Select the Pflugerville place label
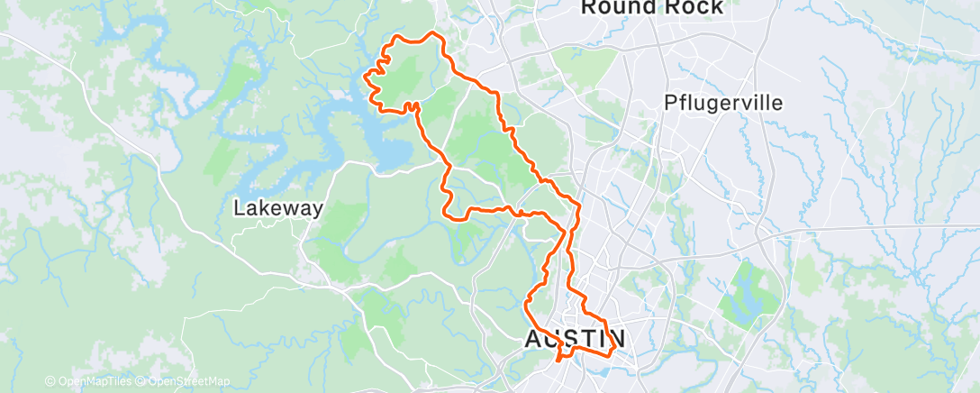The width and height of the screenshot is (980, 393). pos(724,103)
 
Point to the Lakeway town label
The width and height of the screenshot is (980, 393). pos(277,208)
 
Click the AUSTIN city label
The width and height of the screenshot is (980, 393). pos(575,340)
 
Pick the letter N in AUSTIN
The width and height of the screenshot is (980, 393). pos(615,340)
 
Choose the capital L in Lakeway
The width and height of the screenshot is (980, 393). pos(239,208)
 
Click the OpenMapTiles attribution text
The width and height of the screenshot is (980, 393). pos(92,381)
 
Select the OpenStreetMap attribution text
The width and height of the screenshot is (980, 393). pos(186,381)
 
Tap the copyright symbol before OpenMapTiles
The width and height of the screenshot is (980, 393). pos(50,381)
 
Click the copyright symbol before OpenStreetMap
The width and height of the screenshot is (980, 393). pos(141,381)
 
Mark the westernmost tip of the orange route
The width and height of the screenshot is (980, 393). pos(365,78)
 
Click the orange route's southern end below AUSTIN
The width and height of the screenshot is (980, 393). pos(560,360)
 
